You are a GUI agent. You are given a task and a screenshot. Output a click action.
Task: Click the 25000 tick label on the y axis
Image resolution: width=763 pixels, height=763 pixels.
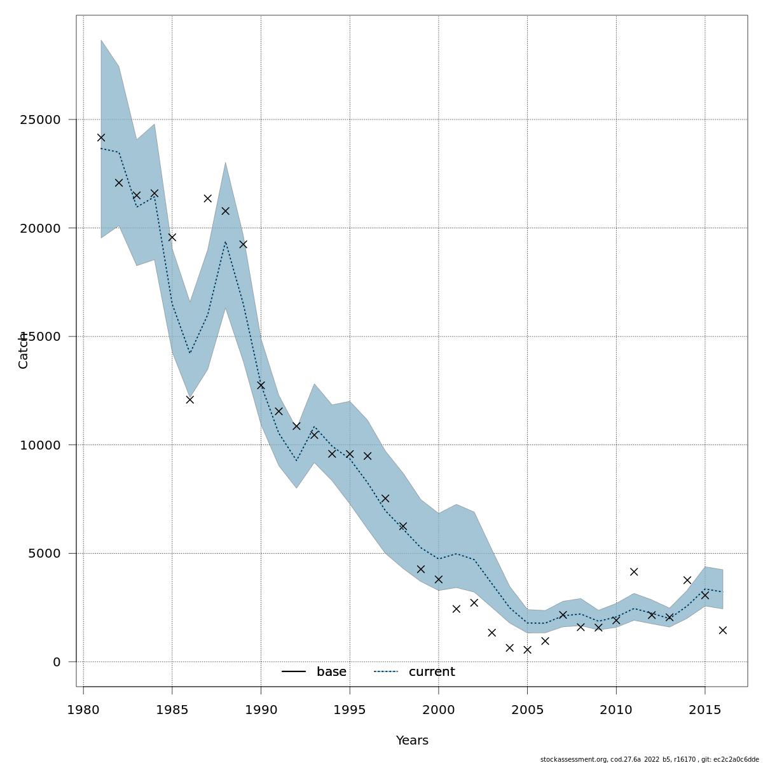coord(38,120)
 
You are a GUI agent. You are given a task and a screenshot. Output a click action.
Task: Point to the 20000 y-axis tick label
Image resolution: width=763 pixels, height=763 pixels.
coord(38,228)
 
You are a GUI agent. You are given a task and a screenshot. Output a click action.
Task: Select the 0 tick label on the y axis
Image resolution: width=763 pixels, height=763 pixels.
coord(57,662)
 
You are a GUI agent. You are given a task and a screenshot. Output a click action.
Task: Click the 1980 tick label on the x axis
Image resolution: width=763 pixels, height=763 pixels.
coord(83,709)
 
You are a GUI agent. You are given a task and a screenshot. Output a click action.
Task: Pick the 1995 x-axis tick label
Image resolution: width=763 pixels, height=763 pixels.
coord(350,709)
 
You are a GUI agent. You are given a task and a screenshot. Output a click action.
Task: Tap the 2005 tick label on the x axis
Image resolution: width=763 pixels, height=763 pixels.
coord(527,709)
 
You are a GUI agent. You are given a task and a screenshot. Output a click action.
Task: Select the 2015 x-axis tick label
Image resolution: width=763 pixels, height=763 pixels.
coord(705,709)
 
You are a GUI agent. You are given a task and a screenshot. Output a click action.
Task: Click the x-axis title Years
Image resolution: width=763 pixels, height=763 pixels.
coord(412,741)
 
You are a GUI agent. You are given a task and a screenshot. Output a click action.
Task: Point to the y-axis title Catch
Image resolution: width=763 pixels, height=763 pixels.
coord(24,350)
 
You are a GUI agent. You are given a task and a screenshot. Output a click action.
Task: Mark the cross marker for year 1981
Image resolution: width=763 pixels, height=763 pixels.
coord(101,137)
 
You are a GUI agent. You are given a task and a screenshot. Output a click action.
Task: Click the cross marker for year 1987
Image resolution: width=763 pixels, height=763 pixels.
coord(207,198)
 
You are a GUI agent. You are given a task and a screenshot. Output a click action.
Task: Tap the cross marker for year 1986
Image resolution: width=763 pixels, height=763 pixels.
coord(189,399)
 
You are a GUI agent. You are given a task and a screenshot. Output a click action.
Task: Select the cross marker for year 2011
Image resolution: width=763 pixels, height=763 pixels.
coord(634,572)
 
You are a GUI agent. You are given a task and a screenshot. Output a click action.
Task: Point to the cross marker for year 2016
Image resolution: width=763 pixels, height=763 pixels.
coord(722,630)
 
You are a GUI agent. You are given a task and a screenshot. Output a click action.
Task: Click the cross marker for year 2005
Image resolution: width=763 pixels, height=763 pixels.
coord(527,650)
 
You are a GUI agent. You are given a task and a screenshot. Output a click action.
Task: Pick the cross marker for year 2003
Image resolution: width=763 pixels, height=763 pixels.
coord(491,633)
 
